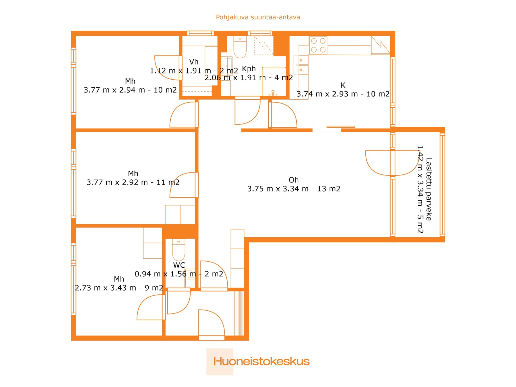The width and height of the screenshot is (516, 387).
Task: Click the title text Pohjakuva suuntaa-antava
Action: point(258,17)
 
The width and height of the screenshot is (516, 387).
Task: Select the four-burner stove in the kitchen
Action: point(318,45)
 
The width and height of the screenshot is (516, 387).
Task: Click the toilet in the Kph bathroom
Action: point(240,47)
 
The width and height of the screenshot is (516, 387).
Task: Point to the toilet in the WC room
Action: point(178,250)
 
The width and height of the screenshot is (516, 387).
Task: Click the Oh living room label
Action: point(293,180)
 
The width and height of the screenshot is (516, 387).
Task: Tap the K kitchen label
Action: point(343,85)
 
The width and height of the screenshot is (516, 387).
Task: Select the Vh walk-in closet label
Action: point(194,62)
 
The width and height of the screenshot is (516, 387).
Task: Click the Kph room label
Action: point(249,69)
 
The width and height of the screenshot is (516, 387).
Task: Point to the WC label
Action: point(179,265)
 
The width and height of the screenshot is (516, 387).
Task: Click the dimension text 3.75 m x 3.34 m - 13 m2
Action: point(293,189)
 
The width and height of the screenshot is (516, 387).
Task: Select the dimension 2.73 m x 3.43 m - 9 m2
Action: point(119,288)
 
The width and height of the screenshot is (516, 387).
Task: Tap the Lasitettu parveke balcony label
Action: point(429,189)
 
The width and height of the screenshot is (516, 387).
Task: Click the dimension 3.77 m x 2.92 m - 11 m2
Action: point(133,182)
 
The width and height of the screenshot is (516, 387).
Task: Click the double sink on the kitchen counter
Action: point(301,65)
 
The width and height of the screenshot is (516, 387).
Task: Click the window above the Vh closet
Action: point(200,33)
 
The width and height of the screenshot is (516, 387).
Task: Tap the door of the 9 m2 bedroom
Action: point(151,307)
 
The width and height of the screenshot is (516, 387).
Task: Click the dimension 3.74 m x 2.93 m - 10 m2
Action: point(343,94)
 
